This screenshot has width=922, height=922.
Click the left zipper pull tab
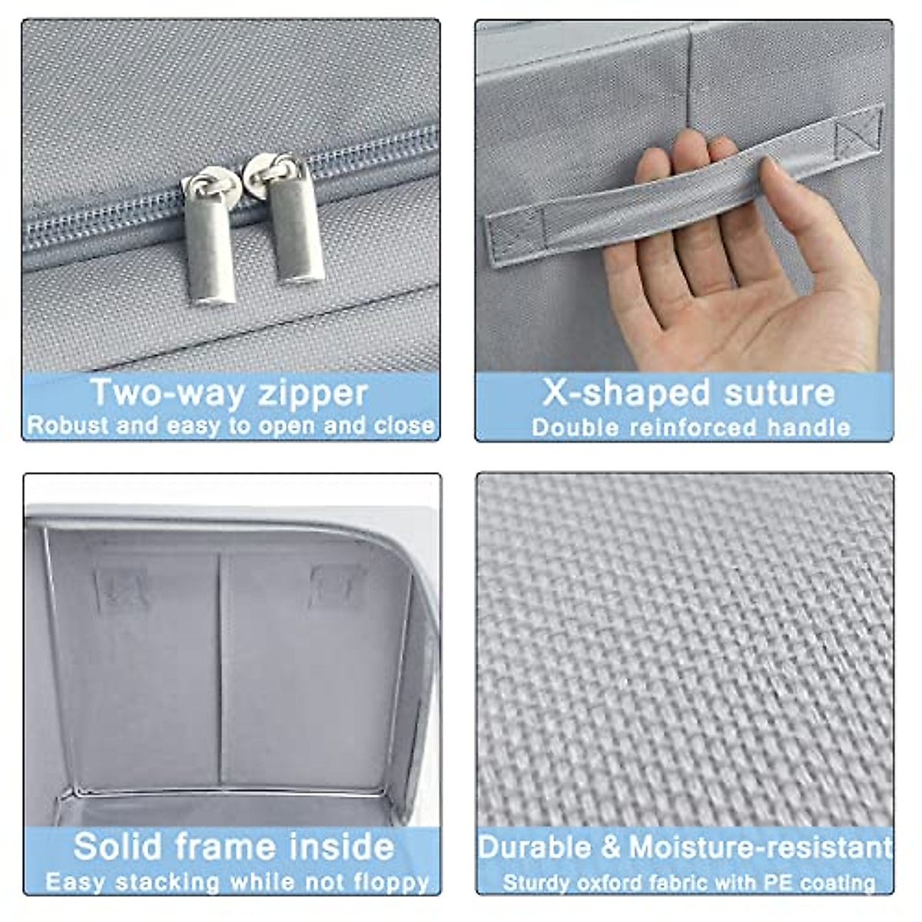pos(207,242)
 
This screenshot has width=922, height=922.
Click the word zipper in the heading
pos(313,393)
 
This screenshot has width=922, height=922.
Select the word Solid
pos(117,847)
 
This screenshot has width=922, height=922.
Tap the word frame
pos(224,847)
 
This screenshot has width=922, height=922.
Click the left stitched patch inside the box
pos(121,590)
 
